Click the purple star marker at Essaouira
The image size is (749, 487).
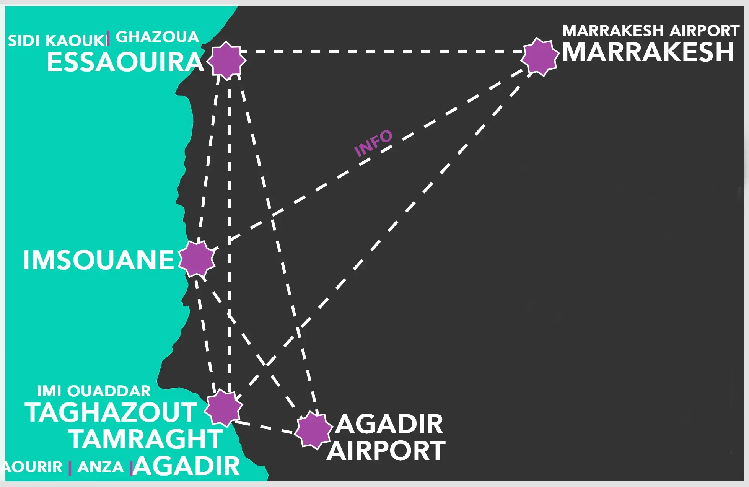tap(226, 60)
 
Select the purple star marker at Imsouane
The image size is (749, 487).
tap(197, 259)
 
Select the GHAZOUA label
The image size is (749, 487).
tap(157, 37)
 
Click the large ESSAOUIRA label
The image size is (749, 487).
tap(125, 62)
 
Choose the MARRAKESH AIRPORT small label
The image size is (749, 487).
tap(651, 31)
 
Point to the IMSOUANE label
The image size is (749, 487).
tap(99, 260)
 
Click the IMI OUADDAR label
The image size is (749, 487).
tap(94, 391)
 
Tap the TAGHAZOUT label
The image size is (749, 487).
tap(111, 412)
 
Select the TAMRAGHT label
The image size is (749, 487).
tap(146, 439)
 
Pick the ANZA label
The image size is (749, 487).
tap(101, 467)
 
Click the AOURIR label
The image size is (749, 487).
tap(32, 467)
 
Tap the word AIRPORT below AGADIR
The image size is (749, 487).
tap(386, 451)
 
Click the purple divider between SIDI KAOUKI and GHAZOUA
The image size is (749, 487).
tap(108, 38)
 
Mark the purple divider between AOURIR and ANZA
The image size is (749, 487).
tap(70, 468)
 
